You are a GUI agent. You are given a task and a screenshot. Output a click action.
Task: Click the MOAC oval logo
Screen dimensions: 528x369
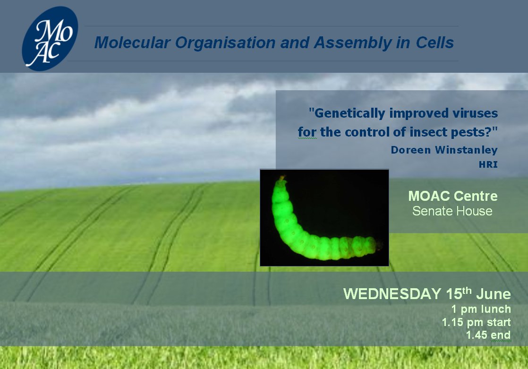click(x=50, y=39)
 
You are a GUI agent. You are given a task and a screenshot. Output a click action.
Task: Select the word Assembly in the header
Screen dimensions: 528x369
click(x=353, y=43)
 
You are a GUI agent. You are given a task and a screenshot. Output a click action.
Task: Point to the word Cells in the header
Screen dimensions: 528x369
click(x=434, y=43)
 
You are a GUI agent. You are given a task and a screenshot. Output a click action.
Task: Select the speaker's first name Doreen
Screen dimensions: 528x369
click(x=411, y=150)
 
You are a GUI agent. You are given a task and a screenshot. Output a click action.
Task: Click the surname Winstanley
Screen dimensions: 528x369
click(x=467, y=150)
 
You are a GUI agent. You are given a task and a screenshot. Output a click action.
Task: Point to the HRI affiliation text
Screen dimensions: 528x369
click(x=488, y=164)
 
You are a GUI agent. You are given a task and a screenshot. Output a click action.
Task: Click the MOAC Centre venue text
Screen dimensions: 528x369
click(x=453, y=196)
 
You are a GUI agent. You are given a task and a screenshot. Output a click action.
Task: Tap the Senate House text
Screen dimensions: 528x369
click(x=452, y=211)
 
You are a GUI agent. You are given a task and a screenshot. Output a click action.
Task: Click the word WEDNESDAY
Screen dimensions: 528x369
click(x=392, y=294)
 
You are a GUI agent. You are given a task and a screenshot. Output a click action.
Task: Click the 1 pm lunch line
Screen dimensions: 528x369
click(x=481, y=309)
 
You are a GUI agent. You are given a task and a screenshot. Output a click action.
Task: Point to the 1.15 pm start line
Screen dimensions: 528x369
click(x=477, y=322)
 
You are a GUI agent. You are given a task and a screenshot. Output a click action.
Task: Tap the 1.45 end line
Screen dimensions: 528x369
click(x=488, y=335)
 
